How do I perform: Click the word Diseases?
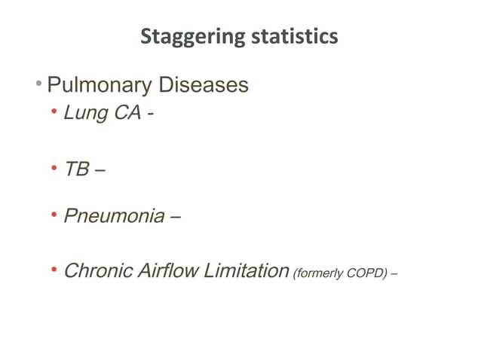point(199,85)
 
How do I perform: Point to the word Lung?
point(84,115)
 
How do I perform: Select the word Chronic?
point(101,270)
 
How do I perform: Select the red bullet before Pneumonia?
point(54,216)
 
